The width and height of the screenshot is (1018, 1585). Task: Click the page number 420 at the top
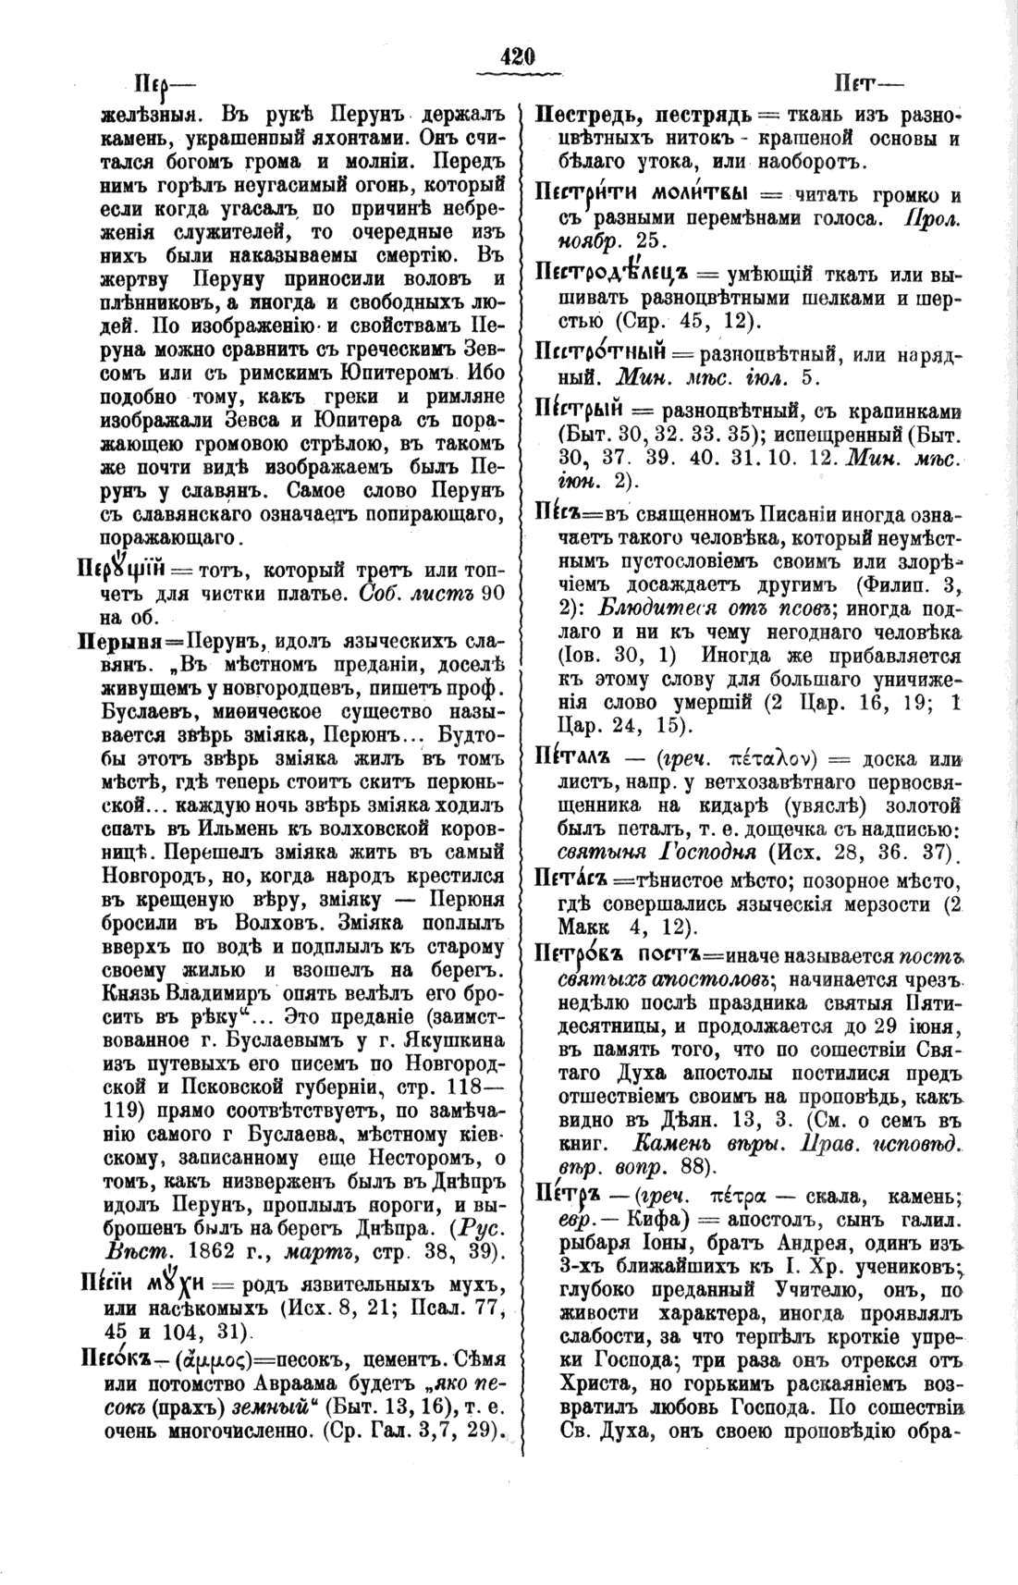tap(517, 56)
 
